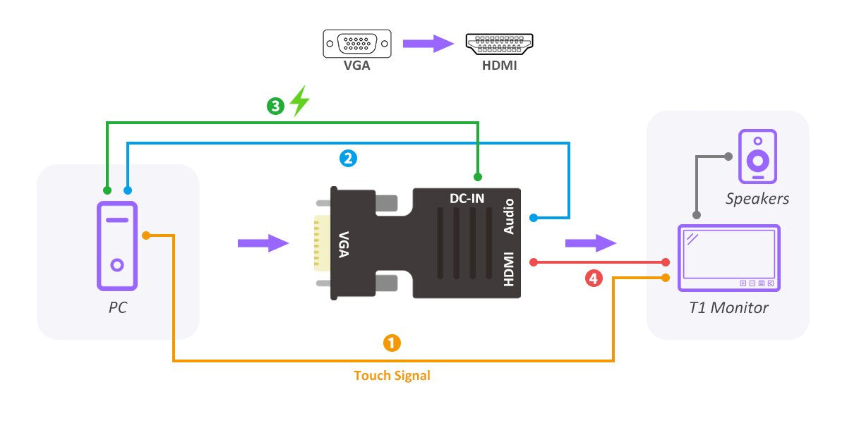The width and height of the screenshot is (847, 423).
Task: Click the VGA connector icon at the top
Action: [357, 44]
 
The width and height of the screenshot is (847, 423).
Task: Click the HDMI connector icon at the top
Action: [500, 44]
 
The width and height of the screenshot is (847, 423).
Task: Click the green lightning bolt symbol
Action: [300, 101]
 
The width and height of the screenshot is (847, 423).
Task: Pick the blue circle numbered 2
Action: [348, 159]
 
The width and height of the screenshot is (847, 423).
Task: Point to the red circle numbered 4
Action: [594, 278]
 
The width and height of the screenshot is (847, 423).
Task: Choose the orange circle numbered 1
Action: [392, 343]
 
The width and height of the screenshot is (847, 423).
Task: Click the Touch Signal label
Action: [392, 376]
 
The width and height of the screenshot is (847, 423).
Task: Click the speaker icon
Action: [757, 157]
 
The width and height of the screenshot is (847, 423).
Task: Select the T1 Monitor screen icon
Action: [728, 258]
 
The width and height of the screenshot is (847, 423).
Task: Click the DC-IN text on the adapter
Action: [467, 198]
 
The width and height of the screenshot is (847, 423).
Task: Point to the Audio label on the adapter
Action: [509, 217]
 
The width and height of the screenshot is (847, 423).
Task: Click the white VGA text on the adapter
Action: [344, 244]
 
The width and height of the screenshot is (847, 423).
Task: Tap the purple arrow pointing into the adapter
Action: [263, 243]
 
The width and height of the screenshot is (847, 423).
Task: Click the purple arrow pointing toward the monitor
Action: [590, 243]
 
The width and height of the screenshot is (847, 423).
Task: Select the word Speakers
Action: [757, 199]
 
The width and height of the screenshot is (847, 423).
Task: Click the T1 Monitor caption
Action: [728, 308]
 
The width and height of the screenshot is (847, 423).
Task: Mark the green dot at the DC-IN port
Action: [478, 176]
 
